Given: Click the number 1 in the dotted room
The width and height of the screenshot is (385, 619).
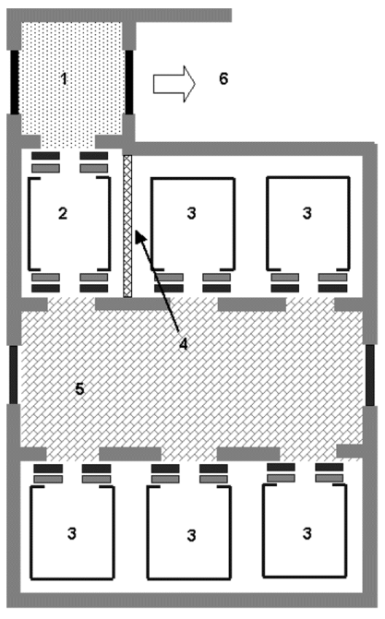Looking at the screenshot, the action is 64,78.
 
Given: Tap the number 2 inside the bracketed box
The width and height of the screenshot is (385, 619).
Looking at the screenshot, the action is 63,213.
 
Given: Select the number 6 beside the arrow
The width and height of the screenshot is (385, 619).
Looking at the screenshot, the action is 223,78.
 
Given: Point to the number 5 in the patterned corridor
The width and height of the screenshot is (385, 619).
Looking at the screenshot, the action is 79,389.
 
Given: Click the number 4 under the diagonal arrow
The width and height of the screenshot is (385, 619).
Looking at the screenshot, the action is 183,344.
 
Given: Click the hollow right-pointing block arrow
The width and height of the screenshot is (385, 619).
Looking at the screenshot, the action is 174,84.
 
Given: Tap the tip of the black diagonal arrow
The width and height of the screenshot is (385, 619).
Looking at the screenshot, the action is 136,231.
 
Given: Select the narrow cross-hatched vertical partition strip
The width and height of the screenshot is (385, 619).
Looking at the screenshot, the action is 127,226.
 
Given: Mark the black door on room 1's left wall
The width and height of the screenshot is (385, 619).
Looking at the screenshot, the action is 15,82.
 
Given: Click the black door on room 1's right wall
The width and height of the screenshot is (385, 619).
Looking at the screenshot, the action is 129,82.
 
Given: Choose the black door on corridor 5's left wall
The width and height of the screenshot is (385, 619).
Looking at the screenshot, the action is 14,375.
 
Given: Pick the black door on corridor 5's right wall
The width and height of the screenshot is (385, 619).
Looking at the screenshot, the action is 370,375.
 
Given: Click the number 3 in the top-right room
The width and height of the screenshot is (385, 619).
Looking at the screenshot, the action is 307,213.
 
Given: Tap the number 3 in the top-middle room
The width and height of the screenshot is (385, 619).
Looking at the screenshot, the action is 191,213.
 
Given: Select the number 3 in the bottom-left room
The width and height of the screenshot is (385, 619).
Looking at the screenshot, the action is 71,533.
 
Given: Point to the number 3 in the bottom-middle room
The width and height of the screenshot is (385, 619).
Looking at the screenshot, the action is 191,536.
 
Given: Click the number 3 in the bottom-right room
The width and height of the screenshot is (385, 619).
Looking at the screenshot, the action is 307,533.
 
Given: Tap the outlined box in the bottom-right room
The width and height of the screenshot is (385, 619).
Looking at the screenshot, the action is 264,531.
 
